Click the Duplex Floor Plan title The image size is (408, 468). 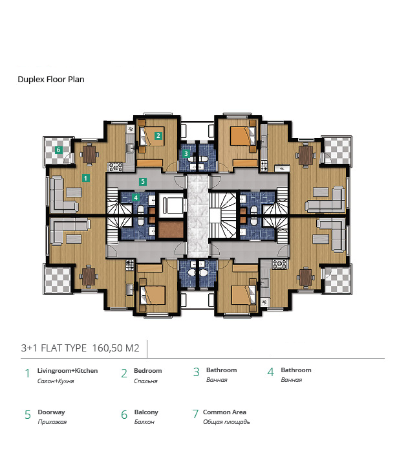[x=51, y=80]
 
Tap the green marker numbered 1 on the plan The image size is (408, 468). [x=85, y=178]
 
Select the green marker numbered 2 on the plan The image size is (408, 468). [x=158, y=135]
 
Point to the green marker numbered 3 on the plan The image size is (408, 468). [x=186, y=153]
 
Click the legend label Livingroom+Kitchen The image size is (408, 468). [x=67, y=371]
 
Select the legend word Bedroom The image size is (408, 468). [x=147, y=371]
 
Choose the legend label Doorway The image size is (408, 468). [x=51, y=412]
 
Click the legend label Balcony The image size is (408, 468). [x=146, y=412]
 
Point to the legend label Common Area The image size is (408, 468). [x=224, y=412]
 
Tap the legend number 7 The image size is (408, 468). [x=195, y=414]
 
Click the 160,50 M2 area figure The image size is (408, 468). [x=116, y=348]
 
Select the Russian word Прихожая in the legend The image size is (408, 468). [x=52, y=422]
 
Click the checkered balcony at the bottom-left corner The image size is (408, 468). [x=58, y=280]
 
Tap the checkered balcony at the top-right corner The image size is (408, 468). [x=337, y=151]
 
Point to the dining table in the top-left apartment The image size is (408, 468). [x=89, y=154]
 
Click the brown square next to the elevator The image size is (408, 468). [x=171, y=230]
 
